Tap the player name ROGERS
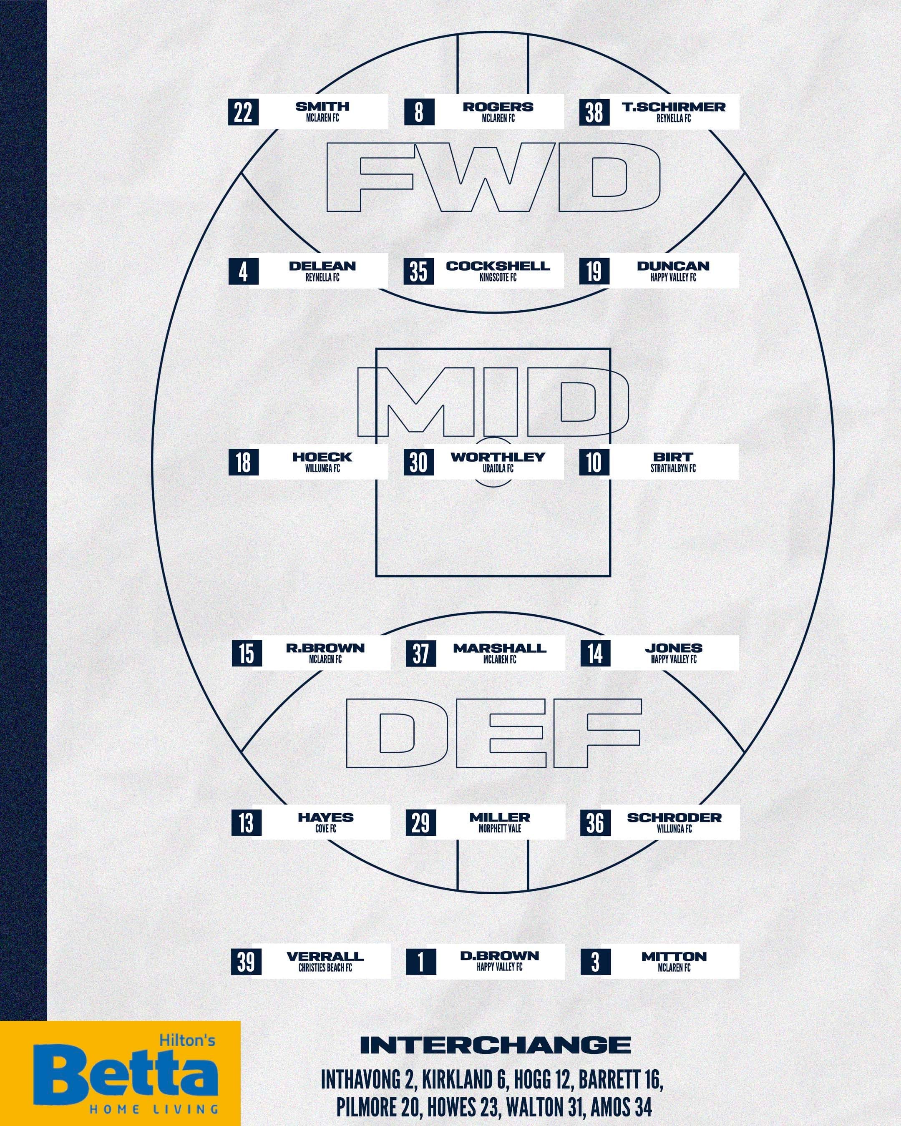point(498,106)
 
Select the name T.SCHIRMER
point(674,106)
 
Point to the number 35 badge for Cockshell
point(419,271)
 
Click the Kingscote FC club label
point(498,278)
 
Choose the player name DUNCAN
point(673,266)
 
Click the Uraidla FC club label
point(498,468)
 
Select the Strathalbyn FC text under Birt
point(673,468)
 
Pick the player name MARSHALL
point(500,648)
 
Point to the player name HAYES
point(326,817)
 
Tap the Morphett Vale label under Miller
point(500,829)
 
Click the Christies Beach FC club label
point(325,968)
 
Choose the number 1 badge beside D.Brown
point(421,962)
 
